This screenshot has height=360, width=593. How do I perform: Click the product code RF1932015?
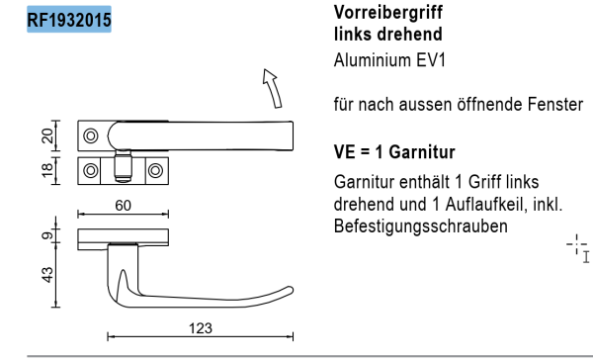pos(69,17)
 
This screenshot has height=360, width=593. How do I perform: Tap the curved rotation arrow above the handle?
pos(273,88)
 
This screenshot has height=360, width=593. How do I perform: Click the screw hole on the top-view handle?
pos(91,136)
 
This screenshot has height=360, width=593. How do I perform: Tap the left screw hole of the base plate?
pos(91,169)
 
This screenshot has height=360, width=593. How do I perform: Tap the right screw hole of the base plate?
pos(153,169)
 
